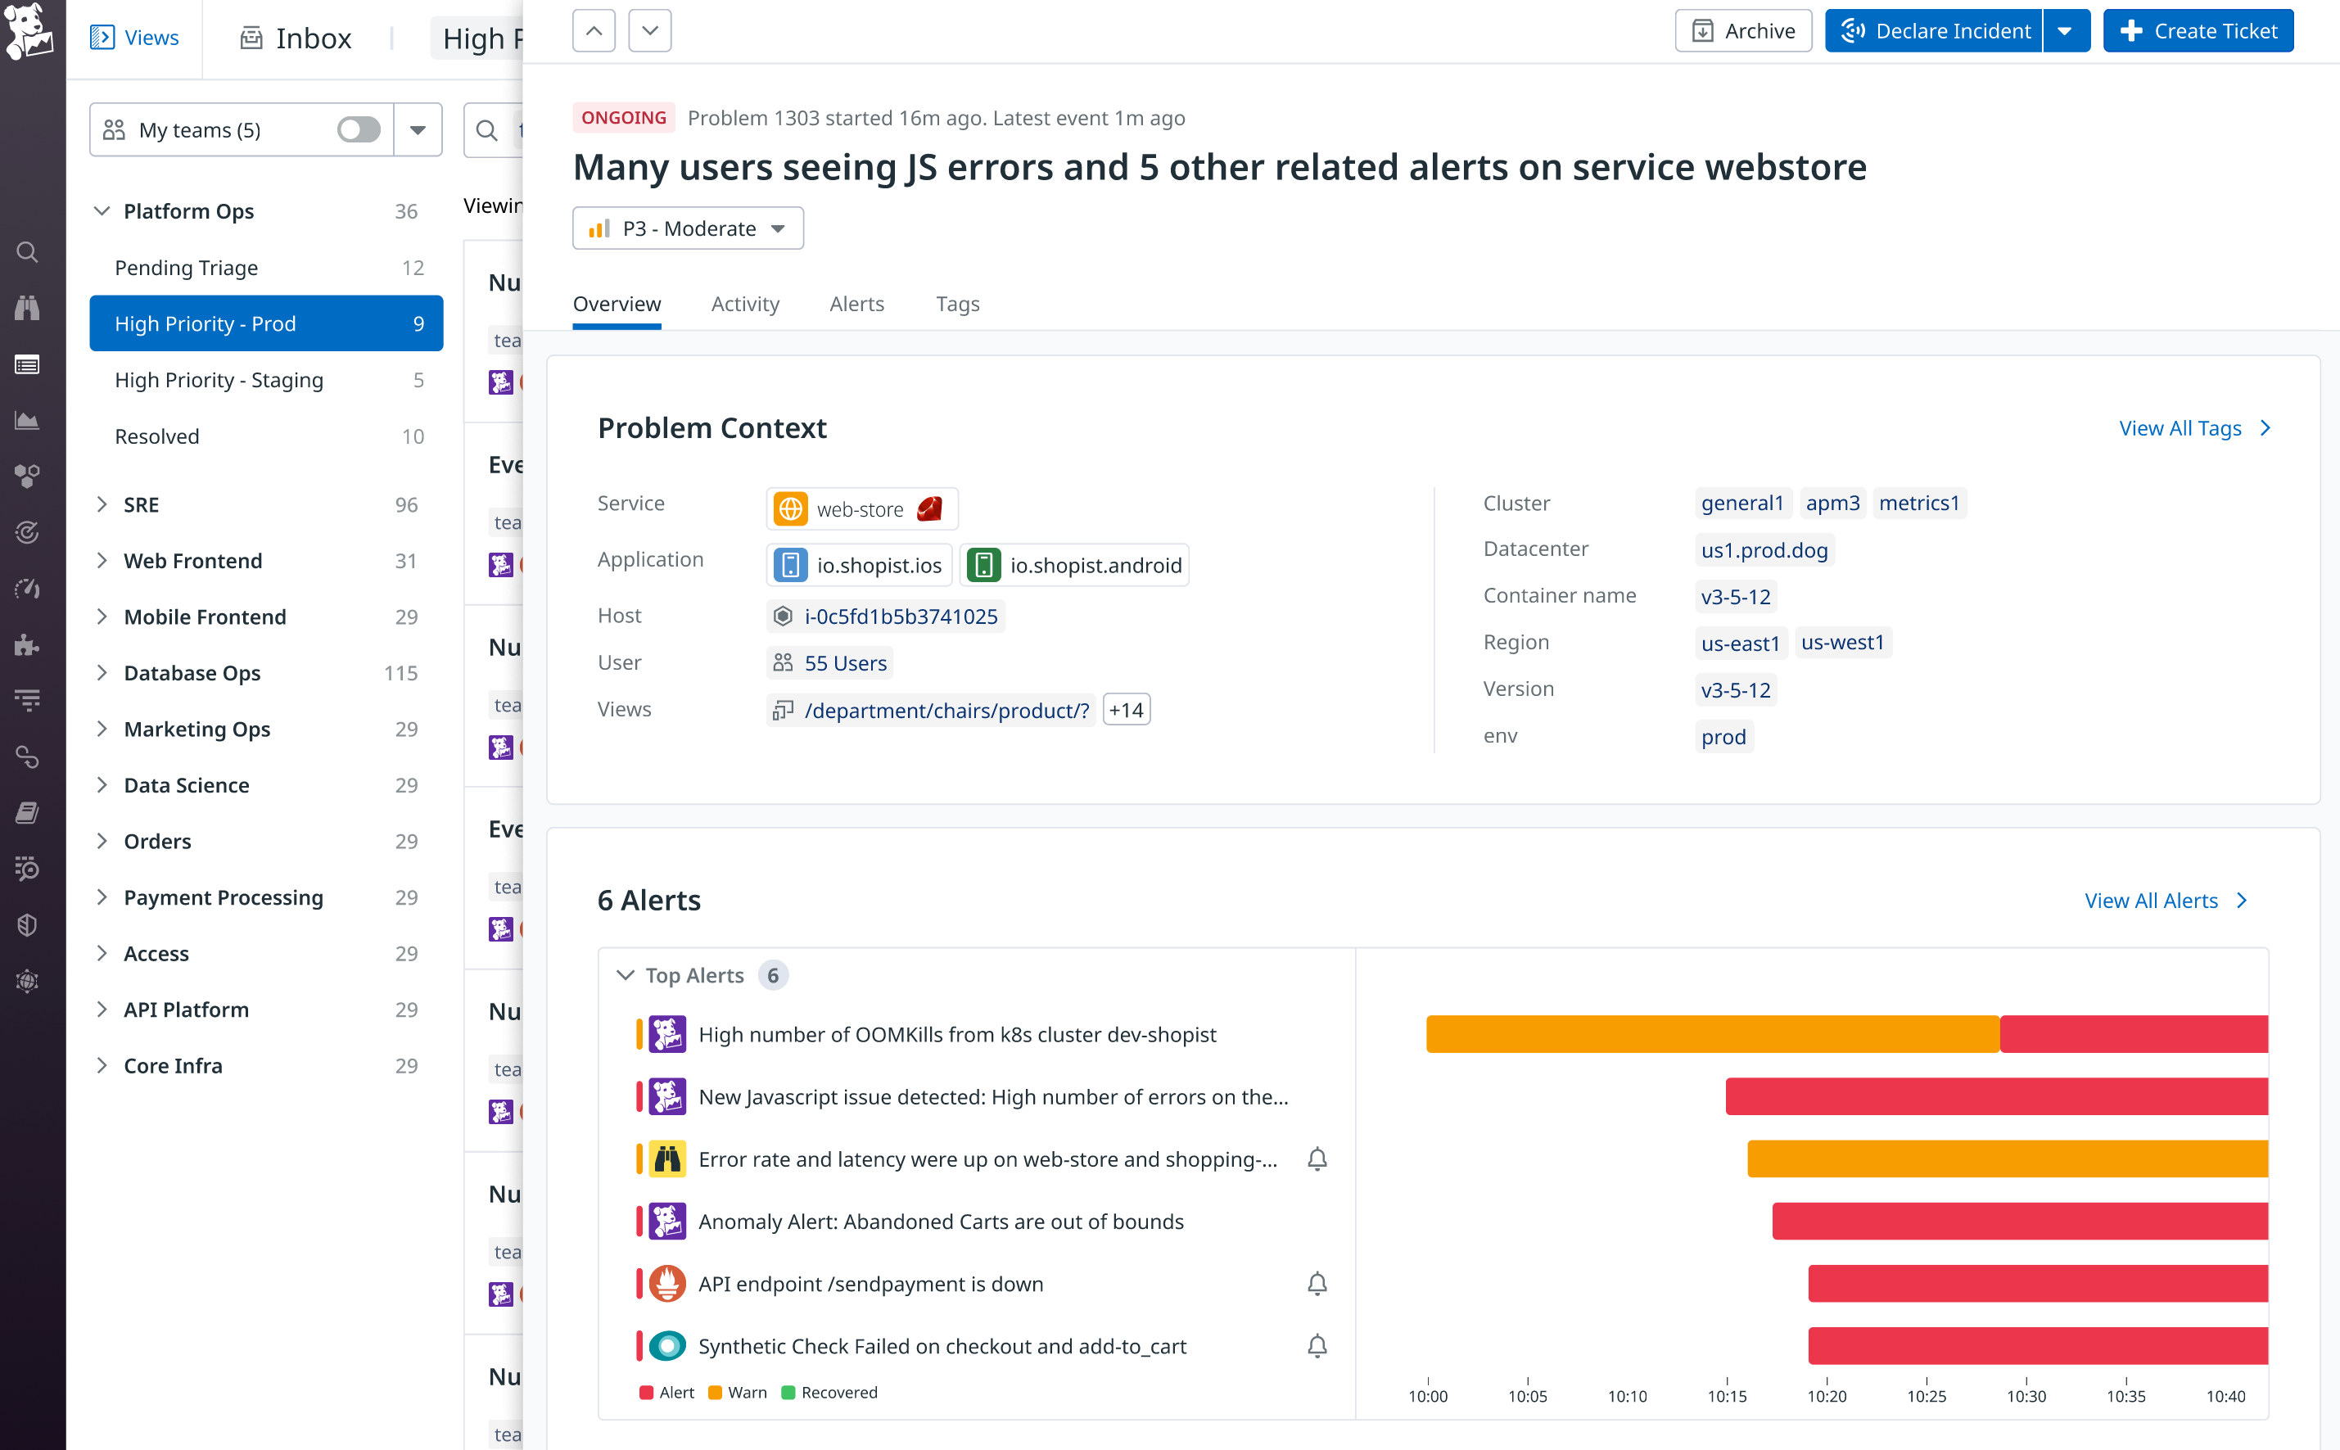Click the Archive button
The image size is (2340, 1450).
click(1742, 30)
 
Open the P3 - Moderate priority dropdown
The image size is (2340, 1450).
click(688, 228)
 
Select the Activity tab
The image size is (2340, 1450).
click(745, 304)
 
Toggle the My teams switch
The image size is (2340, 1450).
click(359, 129)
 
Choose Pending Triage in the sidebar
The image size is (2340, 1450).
click(186, 268)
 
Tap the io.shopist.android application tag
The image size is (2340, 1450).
click(1075, 566)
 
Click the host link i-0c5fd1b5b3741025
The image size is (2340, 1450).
click(901, 617)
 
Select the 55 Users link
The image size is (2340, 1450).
click(845, 662)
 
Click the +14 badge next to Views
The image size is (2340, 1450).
click(1126, 710)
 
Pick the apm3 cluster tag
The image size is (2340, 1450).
click(1832, 504)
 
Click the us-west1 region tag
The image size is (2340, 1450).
click(1841, 643)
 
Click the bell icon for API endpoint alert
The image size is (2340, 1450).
click(1317, 1284)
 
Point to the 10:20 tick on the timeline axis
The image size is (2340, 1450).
click(1826, 1395)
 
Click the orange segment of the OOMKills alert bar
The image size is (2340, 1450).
click(1712, 1034)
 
